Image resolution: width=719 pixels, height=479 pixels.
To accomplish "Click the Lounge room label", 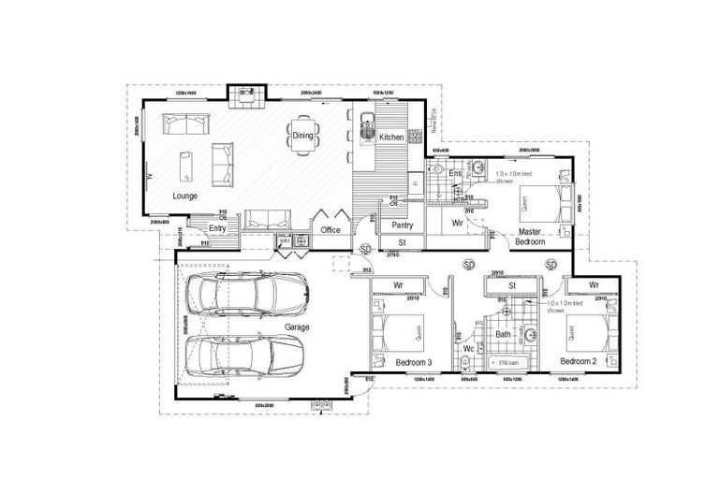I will point(185,196).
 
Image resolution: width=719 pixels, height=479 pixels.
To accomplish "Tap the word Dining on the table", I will point(302,136).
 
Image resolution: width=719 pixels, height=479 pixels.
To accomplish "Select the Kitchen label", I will point(390,138).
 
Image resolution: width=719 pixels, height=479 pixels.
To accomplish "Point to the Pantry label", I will point(403,225).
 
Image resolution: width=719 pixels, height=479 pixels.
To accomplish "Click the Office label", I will point(330,228).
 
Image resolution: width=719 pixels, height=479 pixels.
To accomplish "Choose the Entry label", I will point(218,227).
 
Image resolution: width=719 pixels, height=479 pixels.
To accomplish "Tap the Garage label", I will point(299,327).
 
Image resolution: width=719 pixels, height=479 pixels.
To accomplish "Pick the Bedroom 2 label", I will point(579,360).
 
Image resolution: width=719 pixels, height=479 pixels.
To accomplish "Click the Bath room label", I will point(503,334).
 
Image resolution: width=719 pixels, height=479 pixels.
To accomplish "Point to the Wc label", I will point(470,349).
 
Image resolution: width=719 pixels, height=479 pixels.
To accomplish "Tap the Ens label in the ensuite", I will point(455,174).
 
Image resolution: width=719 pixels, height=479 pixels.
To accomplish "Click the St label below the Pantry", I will point(402,243).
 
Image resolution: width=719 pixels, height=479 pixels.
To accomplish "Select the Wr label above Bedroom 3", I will point(398,284).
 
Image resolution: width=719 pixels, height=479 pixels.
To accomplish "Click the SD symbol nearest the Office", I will point(366,248).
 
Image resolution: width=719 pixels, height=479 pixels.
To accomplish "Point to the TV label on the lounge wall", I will point(148,175).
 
